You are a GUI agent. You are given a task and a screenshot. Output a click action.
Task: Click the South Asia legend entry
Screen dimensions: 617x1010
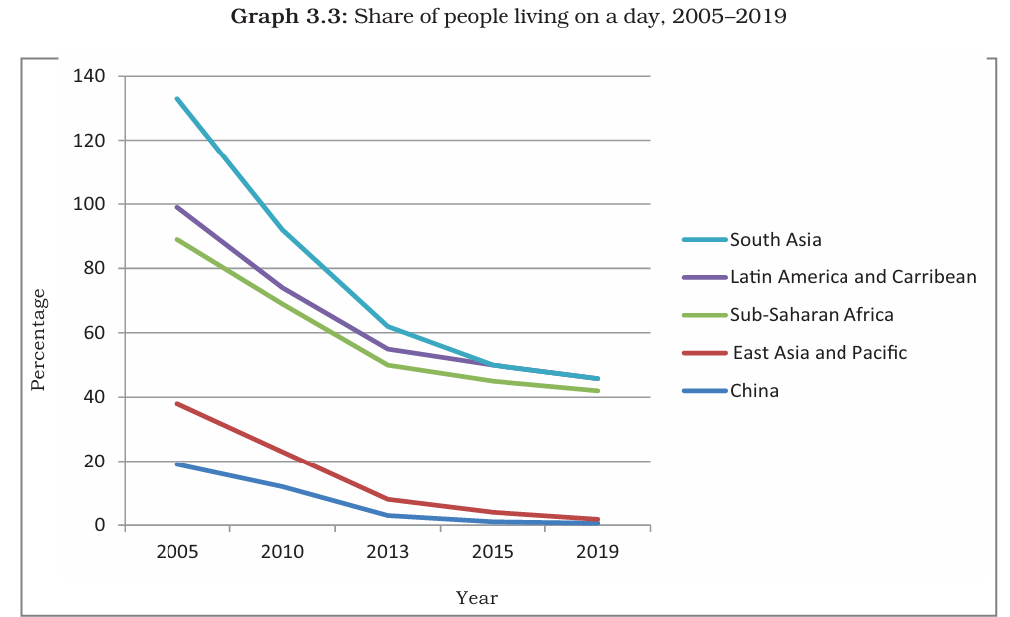coord(775,240)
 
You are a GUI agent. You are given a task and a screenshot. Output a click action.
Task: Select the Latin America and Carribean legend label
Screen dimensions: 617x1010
coord(852,277)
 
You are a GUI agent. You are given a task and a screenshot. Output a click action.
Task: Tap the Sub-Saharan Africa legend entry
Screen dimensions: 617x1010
coord(811,315)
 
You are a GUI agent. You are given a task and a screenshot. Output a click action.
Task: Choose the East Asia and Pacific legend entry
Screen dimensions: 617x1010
coord(820,353)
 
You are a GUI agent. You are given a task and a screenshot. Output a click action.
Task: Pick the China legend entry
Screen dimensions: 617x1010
coord(754,391)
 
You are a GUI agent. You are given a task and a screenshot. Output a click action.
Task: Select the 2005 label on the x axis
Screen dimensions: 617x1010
coord(177,552)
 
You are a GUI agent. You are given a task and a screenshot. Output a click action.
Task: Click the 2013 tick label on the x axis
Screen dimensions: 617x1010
coord(388,552)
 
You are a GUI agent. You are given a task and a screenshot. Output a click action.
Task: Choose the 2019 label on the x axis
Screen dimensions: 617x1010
coord(598,552)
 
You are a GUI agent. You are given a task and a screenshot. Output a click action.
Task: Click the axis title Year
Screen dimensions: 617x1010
coord(476,598)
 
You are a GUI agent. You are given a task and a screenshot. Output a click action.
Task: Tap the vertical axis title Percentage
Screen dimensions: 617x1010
coord(38,339)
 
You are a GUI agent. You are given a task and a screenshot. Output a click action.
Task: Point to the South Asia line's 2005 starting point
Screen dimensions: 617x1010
coord(177,98)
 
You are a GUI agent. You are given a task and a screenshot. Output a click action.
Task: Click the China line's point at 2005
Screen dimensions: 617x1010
coord(177,464)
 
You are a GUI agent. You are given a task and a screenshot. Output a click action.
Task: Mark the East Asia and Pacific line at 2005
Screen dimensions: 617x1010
coord(177,403)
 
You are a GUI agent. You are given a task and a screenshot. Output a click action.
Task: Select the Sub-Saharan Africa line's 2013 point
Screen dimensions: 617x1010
coord(388,365)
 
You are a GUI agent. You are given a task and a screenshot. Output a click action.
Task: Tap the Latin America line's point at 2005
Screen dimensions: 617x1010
coord(177,207)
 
